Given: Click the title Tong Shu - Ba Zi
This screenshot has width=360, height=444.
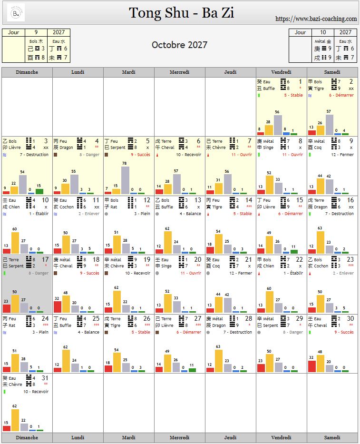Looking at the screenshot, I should [x=181, y=13].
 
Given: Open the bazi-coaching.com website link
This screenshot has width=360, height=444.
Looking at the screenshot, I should [x=316, y=19].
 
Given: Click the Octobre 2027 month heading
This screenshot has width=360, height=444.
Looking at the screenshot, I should [x=179, y=45].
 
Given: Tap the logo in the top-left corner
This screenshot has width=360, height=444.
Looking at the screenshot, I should [x=16, y=13].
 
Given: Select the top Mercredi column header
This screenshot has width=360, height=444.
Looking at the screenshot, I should [x=179, y=72].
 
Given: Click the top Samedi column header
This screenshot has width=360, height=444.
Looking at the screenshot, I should [x=332, y=72].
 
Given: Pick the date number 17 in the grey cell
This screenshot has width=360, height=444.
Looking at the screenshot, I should [x=45, y=260].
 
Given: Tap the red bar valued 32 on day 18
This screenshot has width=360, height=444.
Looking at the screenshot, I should [x=58, y=306].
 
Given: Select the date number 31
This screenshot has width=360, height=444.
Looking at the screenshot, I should [x=45, y=378].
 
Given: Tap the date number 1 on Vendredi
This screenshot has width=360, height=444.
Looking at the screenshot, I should [x=301, y=82].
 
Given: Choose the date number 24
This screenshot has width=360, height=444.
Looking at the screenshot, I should [x=45, y=319].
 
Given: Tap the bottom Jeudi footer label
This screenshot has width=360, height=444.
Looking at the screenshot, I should [x=230, y=437].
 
